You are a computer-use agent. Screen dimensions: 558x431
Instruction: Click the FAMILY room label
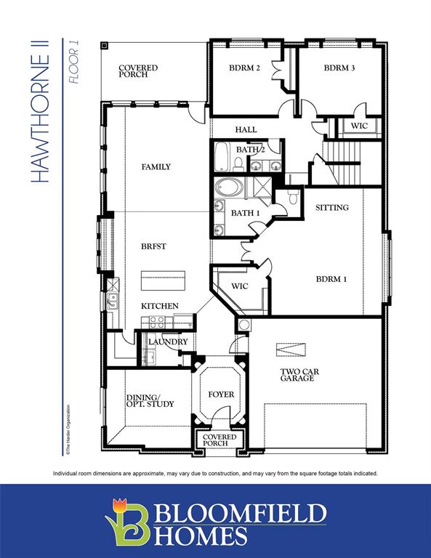(156, 167)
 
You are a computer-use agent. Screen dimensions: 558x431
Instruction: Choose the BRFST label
(153, 246)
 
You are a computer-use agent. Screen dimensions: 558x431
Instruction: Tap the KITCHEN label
(159, 306)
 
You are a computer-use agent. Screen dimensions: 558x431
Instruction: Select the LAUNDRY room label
(168, 341)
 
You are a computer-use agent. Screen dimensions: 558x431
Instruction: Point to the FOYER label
(222, 395)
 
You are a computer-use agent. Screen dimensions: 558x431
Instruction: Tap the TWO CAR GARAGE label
(298, 375)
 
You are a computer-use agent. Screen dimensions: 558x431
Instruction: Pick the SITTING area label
(331, 208)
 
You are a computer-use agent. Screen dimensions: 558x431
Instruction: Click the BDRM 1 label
(331, 278)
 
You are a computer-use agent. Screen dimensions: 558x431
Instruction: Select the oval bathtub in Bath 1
(230, 189)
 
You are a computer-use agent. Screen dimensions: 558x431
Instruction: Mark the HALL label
(246, 129)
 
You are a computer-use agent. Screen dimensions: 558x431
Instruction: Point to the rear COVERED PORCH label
(138, 71)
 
